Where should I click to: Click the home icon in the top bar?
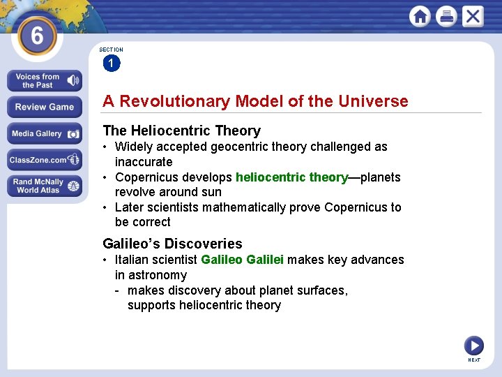click(x=420, y=16)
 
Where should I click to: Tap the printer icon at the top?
click(x=446, y=16)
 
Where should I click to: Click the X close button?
click(x=473, y=16)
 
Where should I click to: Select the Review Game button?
click(x=45, y=107)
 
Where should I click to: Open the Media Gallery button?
click(x=45, y=133)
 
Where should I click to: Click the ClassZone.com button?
click(x=45, y=160)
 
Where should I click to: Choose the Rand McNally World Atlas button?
click(x=45, y=186)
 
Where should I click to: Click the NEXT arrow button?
click(x=474, y=346)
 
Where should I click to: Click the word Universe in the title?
click(x=373, y=101)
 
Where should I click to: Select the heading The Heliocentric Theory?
click(x=181, y=131)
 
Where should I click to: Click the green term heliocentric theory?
click(x=291, y=177)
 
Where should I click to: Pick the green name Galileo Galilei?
click(x=242, y=260)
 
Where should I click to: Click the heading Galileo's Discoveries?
click(x=172, y=244)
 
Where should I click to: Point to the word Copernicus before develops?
click(x=148, y=177)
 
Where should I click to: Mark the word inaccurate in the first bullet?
click(x=144, y=162)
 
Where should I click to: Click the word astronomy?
click(x=151, y=275)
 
